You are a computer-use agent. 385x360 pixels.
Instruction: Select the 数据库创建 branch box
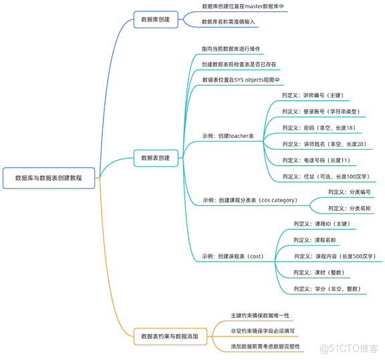[155, 20]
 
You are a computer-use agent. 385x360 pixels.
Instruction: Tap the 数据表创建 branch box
[155, 159]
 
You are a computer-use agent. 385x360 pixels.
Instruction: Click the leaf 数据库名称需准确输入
[229, 22]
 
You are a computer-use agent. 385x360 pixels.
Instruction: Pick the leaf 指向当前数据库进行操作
[231, 50]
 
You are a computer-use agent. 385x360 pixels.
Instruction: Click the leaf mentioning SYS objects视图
[241, 80]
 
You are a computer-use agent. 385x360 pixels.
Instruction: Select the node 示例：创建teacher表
[228, 136]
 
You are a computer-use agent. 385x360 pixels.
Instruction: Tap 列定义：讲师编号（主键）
[313, 95]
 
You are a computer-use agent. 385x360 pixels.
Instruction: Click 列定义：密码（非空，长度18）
[318, 128]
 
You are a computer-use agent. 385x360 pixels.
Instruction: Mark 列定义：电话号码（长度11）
[315, 161]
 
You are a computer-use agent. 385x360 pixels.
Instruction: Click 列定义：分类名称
[349, 208]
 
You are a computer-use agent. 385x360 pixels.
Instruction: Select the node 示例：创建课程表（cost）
[228, 256]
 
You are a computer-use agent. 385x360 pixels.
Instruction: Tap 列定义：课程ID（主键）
[322, 224]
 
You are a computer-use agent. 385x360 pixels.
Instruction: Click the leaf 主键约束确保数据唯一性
[260, 314]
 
